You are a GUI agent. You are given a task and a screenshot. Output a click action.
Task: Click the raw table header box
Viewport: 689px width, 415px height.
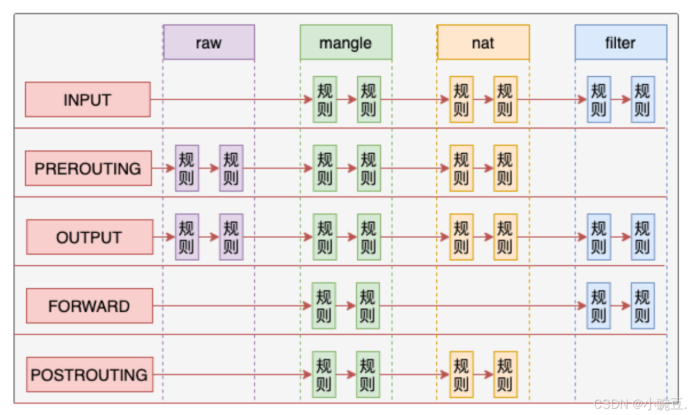[209, 43]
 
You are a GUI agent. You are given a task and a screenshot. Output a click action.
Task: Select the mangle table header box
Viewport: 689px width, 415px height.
[346, 43]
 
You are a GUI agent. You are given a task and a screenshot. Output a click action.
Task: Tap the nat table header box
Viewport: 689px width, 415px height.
[483, 43]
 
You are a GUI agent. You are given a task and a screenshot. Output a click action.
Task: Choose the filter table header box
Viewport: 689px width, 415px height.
[621, 43]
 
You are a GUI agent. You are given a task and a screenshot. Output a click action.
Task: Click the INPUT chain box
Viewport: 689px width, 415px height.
[88, 100]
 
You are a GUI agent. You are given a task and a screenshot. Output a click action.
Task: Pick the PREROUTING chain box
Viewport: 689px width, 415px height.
[88, 168]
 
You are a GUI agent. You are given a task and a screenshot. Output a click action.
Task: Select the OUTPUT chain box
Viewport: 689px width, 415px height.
[89, 237]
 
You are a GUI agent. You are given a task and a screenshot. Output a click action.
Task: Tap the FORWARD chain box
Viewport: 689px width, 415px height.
[89, 306]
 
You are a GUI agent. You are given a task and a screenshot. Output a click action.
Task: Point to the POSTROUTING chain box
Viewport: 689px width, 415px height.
[89, 375]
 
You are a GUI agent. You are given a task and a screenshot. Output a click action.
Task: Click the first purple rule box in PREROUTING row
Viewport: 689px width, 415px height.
[187, 168]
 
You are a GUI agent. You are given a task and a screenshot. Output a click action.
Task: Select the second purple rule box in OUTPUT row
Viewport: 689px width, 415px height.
[231, 237]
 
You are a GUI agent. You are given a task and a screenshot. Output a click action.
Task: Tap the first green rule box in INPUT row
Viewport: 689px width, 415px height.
[324, 100]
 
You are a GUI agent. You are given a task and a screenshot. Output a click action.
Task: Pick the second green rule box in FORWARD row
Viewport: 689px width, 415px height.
[367, 306]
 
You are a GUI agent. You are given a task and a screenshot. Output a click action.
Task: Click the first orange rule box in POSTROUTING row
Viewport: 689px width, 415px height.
[461, 375]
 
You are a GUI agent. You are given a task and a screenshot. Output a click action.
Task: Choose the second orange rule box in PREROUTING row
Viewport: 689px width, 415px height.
[505, 168]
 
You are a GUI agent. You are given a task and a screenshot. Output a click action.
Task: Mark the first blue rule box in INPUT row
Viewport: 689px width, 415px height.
[599, 100]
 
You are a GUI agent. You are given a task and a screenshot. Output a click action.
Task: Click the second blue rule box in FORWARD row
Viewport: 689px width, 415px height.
[642, 306]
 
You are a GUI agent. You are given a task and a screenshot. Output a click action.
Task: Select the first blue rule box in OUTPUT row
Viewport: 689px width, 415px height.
[599, 237]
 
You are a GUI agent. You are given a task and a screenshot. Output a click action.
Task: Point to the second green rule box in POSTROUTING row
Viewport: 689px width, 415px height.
[367, 375]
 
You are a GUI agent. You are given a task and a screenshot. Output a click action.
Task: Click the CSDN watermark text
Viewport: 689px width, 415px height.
[639, 404]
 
